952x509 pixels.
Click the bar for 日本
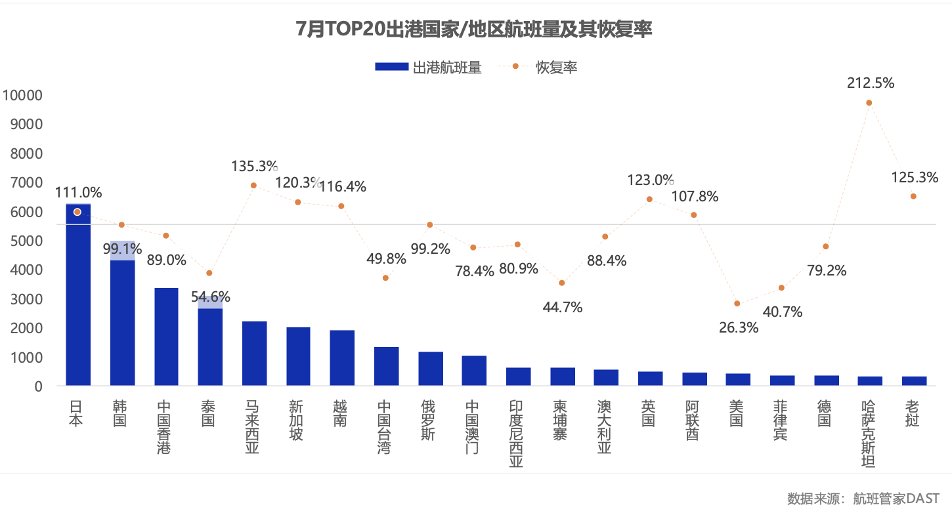(x=78, y=295)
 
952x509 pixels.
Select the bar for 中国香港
(x=166, y=336)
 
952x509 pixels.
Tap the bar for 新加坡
(x=298, y=356)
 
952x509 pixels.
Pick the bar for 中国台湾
(x=386, y=366)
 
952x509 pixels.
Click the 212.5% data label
(x=870, y=83)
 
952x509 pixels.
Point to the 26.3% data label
(x=739, y=328)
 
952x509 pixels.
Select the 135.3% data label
(x=254, y=166)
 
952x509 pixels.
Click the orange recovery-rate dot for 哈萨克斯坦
(x=869, y=103)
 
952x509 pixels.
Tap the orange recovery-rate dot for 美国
(x=737, y=304)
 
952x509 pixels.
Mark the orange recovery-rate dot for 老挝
(x=913, y=196)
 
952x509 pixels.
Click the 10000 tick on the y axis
(x=22, y=96)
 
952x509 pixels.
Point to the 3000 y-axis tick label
(x=25, y=300)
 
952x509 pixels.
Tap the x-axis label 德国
(x=825, y=413)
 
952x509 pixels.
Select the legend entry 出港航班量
(x=428, y=67)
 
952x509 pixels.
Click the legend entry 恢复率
(x=546, y=67)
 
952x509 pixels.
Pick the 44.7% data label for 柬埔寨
(x=563, y=307)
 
